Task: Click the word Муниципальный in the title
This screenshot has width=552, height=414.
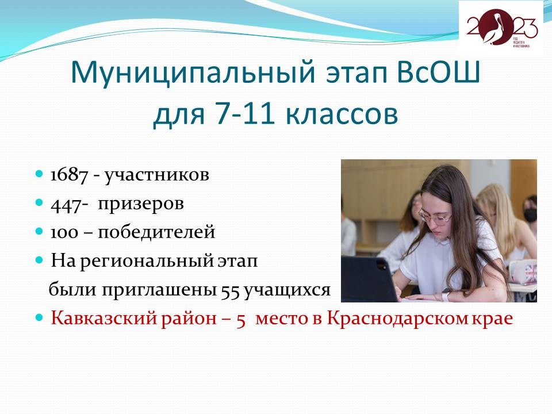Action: [x=193, y=72]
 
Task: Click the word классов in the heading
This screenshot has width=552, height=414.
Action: [x=341, y=115]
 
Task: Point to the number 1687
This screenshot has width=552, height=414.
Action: [x=69, y=175]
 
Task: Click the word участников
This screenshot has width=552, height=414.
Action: [x=156, y=175]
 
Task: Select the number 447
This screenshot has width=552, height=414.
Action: [x=66, y=204]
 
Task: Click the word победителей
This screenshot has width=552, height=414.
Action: [x=156, y=232]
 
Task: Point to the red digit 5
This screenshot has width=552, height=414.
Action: [x=241, y=320]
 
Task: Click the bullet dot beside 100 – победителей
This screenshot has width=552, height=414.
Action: [x=40, y=231]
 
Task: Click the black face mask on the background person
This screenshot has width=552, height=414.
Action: [x=530, y=214]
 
